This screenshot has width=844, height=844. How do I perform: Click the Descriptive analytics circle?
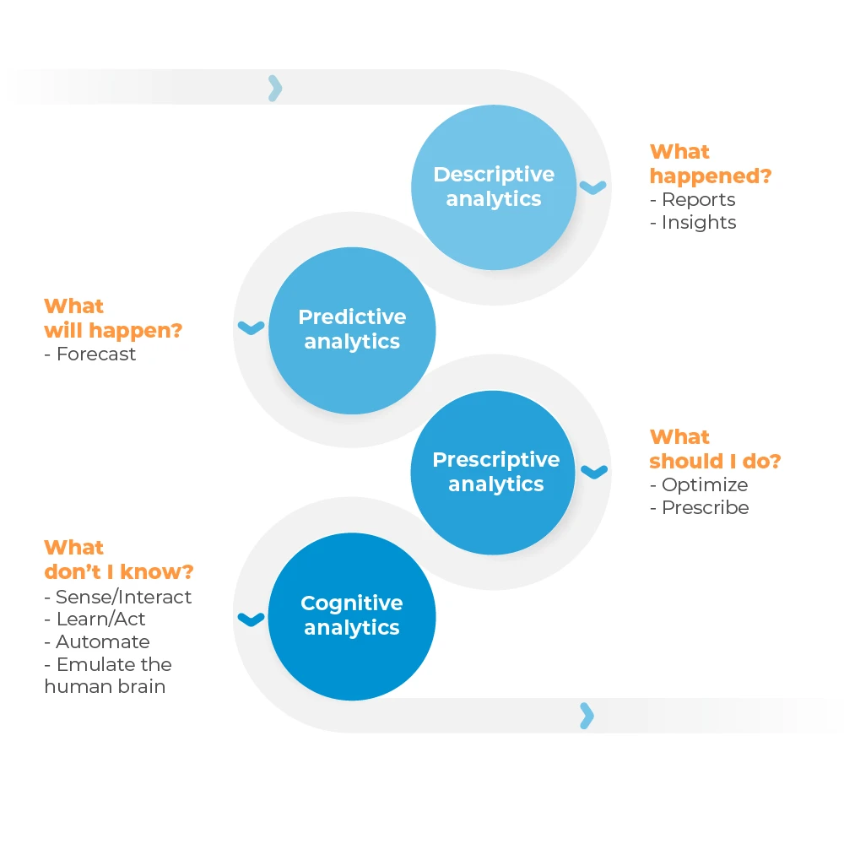(494, 187)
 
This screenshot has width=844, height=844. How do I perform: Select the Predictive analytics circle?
(352, 331)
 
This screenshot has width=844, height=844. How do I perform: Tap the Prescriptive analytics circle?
(493, 473)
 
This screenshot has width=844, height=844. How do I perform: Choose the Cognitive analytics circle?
(352, 616)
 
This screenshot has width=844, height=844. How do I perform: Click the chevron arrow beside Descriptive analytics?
(592, 187)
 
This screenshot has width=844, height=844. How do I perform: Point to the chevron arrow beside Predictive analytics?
(252, 327)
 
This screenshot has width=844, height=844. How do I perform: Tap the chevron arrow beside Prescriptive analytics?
(594, 472)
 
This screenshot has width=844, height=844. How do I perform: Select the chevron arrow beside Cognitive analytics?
(252, 619)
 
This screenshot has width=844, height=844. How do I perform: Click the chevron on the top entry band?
(275, 89)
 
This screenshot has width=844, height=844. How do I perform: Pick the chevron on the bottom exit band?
(587, 716)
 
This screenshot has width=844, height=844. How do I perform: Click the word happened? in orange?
(711, 176)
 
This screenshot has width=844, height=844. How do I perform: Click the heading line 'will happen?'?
(113, 331)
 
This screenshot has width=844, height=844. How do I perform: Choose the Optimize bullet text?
(699, 485)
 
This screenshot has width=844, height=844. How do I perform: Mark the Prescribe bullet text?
(700, 507)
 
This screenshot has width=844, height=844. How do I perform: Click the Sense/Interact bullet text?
(118, 597)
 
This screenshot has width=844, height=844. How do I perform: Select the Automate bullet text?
(97, 641)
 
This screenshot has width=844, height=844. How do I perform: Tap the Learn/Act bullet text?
(95, 619)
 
